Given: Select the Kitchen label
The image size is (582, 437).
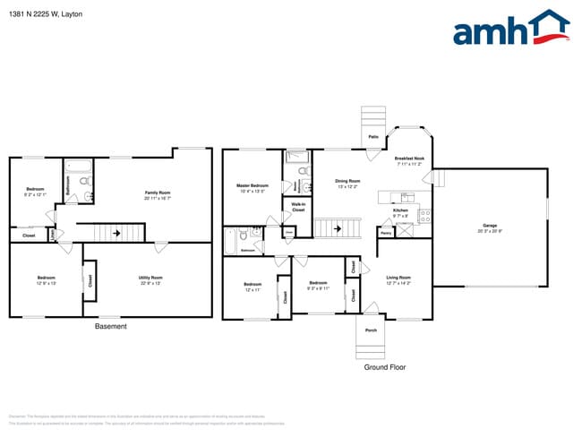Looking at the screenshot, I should [400, 212].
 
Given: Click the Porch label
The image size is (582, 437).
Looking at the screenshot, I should [371, 330].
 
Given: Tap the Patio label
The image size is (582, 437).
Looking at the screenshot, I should [372, 137].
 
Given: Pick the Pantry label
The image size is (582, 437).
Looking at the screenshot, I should [384, 233].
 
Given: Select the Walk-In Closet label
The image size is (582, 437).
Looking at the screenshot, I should [296, 206].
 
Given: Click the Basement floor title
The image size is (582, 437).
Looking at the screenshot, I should [111, 327].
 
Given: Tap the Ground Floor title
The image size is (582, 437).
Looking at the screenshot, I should [386, 367].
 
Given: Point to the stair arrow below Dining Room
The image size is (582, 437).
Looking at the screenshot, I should [338, 228].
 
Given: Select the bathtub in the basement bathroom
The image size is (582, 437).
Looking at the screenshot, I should [77, 166].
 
